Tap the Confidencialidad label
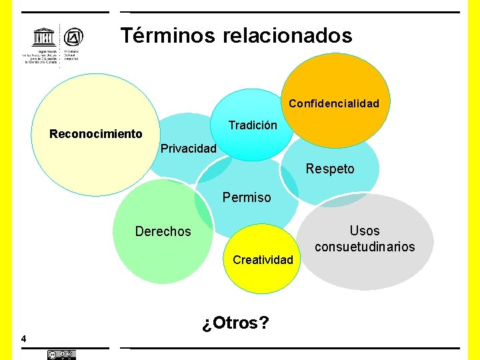click(x=333, y=103)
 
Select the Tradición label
click(x=253, y=125)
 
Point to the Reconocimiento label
click(x=96, y=134)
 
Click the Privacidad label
click(x=189, y=148)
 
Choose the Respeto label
click(x=330, y=169)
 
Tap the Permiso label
click(x=247, y=197)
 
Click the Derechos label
click(x=163, y=231)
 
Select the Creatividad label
click(x=263, y=259)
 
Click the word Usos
click(x=365, y=231)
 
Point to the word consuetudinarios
click(x=365, y=247)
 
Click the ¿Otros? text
click(x=236, y=323)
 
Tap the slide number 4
click(x=24, y=339)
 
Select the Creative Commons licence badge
click(x=61, y=355)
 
